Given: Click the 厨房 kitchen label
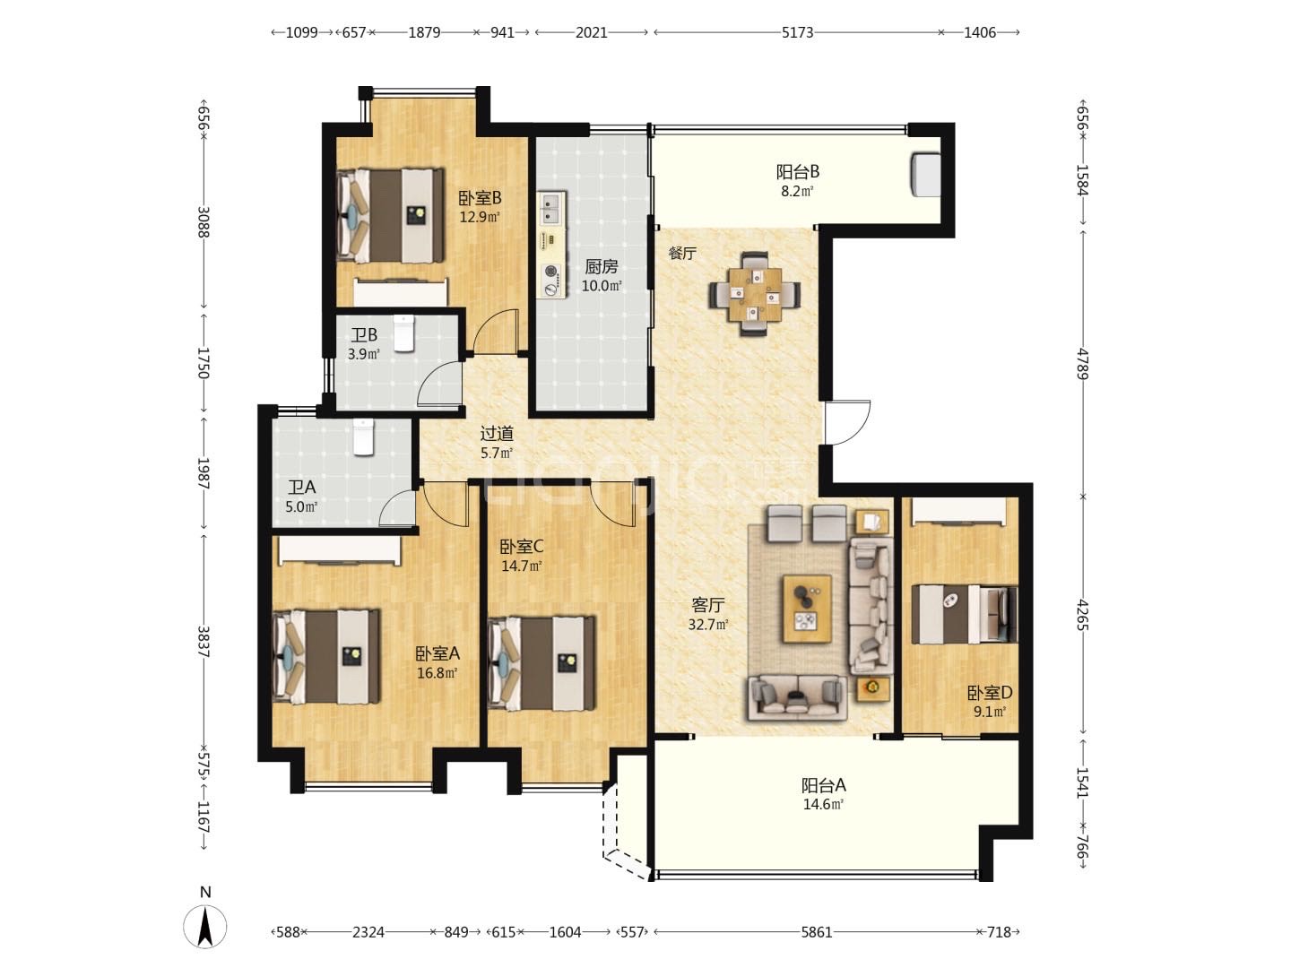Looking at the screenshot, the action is [x=601, y=267].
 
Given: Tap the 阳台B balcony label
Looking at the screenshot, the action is [x=798, y=172].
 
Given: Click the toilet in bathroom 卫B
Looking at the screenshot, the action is [x=403, y=333].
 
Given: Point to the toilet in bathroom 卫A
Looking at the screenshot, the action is [x=363, y=436].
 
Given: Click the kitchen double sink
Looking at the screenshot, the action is [x=551, y=209].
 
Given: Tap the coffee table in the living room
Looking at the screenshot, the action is [x=807, y=609].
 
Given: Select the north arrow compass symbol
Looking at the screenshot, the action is [x=204, y=927].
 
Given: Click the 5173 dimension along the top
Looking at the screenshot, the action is [x=797, y=32].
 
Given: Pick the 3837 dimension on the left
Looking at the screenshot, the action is [x=204, y=641].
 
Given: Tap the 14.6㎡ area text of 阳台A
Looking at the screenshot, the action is [x=823, y=804].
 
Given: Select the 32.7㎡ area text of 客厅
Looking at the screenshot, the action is [x=708, y=624].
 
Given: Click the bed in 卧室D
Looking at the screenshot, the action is [x=964, y=614].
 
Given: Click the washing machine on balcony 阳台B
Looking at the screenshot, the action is [x=926, y=173].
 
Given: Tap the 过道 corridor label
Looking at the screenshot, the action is [x=497, y=434].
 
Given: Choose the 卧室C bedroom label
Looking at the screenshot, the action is [x=522, y=547].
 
